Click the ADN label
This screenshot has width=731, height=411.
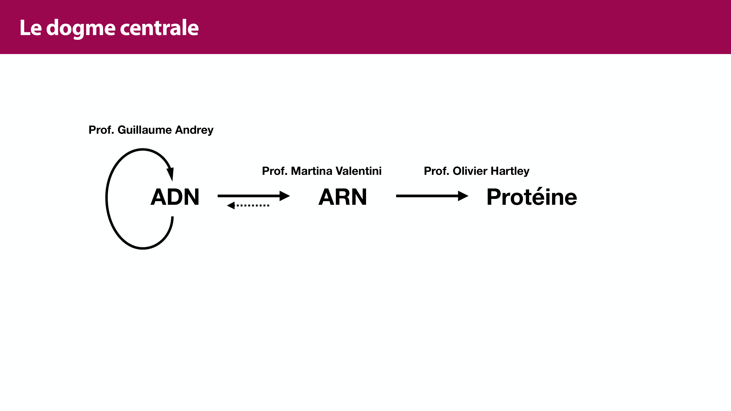(175, 197)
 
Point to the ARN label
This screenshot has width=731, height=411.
(342, 197)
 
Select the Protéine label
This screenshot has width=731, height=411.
(531, 197)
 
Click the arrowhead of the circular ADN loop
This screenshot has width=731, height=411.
(171, 173)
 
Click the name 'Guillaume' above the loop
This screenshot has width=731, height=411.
(145, 130)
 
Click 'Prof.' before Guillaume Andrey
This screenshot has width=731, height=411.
(101, 130)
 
